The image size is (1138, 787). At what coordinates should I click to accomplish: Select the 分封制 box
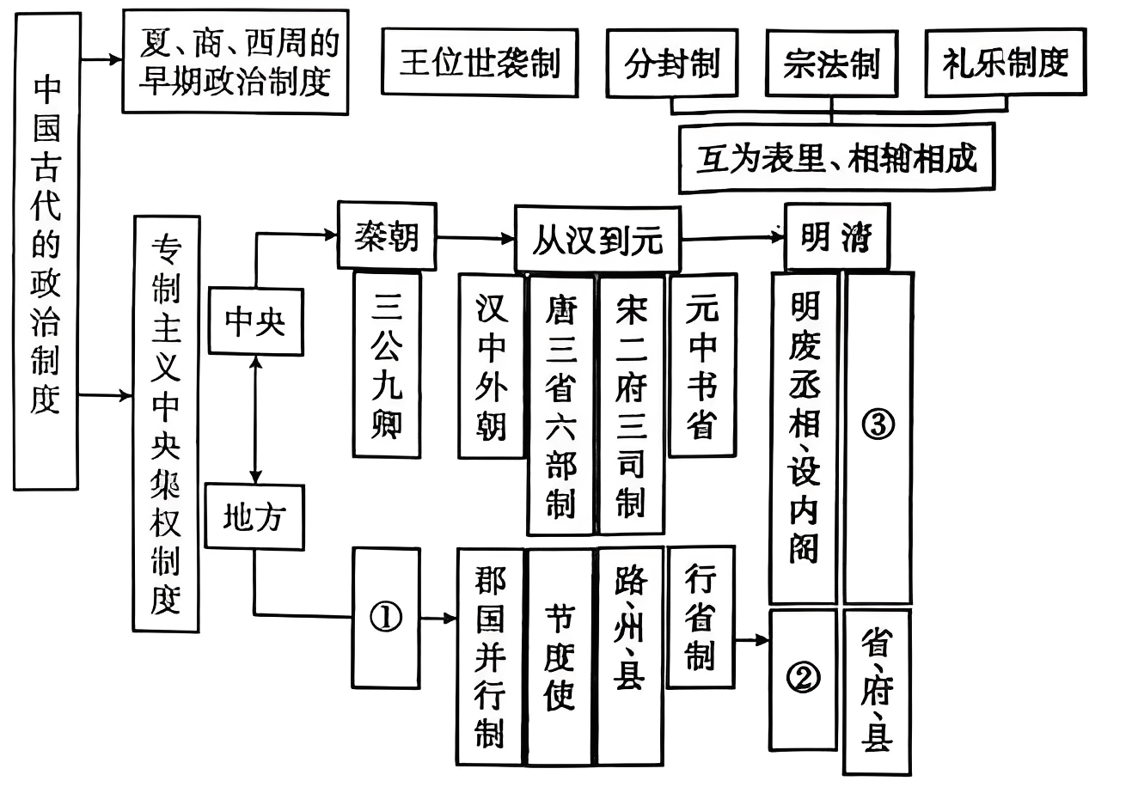(671, 64)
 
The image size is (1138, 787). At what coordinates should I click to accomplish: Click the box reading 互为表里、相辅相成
(835, 159)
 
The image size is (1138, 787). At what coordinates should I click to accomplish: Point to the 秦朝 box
(387, 234)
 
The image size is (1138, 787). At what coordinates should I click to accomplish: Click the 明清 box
(836, 237)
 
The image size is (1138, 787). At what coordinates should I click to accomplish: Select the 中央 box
(254, 323)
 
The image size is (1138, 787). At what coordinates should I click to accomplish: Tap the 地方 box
(254, 517)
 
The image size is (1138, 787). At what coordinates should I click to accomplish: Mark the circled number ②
(803, 678)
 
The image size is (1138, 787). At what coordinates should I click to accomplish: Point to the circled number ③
(878, 425)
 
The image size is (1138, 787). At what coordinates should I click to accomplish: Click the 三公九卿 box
(387, 364)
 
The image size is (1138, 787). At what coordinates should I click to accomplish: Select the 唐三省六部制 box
(560, 404)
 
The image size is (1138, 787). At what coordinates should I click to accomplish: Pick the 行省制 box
(701, 616)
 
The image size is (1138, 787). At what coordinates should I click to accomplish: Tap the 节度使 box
(560, 656)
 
